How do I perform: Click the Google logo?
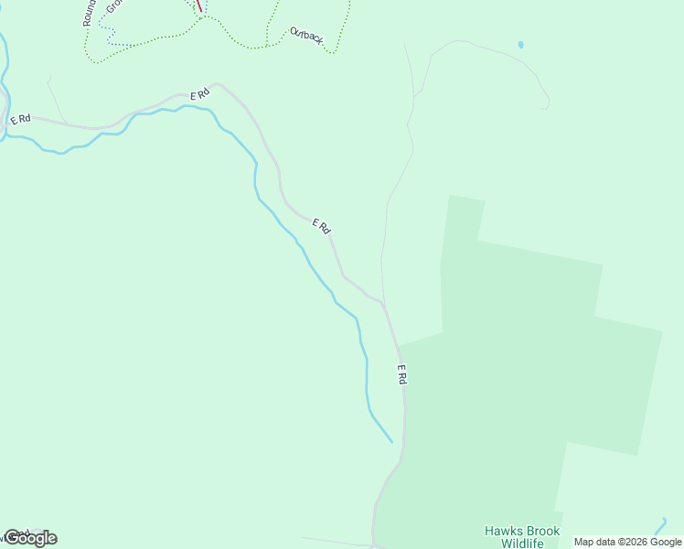[30, 538]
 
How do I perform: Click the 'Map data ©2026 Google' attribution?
[627, 542]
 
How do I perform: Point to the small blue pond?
[520, 44]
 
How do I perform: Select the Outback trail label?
[306, 35]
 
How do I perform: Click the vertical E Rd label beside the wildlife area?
[401, 374]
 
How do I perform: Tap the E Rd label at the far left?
[20, 119]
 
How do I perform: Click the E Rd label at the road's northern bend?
[200, 94]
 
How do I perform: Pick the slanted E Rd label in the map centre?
[321, 225]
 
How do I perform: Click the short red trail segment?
[199, 5]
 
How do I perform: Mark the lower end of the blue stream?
[390, 441]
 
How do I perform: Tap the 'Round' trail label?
[89, 12]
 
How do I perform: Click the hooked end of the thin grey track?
[546, 108]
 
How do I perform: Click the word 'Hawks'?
[501, 531]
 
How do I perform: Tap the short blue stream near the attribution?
[660, 526]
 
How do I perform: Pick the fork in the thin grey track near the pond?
[415, 94]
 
